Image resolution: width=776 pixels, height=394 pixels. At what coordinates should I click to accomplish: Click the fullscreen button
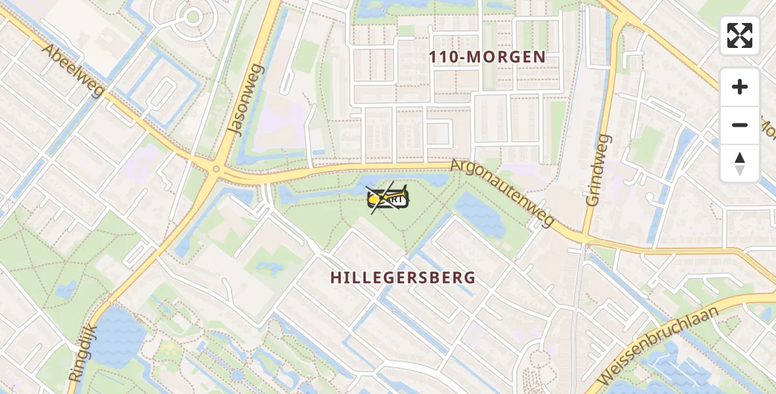740,35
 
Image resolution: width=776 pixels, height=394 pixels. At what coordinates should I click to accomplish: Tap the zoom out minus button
740,125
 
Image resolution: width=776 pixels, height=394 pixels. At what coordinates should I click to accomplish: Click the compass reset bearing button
740,164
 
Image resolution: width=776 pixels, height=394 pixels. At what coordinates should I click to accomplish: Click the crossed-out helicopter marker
388,198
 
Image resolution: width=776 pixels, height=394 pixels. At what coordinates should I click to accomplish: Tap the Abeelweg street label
72,70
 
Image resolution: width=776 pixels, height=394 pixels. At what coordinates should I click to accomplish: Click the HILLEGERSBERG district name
402,278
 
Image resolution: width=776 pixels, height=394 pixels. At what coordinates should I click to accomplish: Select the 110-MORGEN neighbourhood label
487,57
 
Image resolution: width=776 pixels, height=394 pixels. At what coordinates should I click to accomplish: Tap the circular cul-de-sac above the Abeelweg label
193,16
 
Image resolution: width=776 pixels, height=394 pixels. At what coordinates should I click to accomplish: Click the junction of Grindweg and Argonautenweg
585,236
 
